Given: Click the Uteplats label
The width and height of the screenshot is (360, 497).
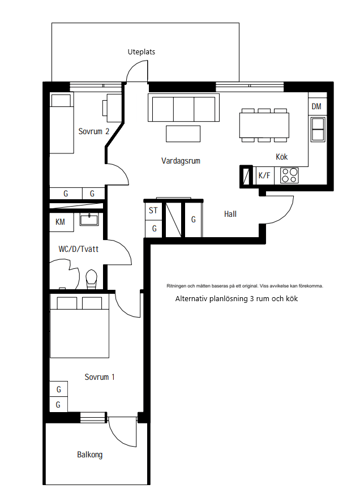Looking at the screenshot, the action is pyautogui.click(x=142, y=52).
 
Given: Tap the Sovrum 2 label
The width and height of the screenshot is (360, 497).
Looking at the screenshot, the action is pyautogui.click(x=94, y=131).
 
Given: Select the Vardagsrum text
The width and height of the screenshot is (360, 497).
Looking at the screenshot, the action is pyautogui.click(x=181, y=161).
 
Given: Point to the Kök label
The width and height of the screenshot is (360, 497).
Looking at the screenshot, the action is pyautogui.click(x=282, y=157).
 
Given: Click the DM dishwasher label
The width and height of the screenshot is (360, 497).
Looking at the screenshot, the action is pyautogui.click(x=316, y=106).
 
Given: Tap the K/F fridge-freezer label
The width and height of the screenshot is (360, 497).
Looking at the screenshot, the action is pyautogui.click(x=264, y=175).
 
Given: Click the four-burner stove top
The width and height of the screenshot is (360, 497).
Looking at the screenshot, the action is pyautogui.click(x=289, y=175).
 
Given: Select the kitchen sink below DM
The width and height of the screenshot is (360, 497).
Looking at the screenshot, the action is pyautogui.click(x=318, y=129).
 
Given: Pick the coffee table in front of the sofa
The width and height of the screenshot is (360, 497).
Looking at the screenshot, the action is pyautogui.click(x=183, y=134).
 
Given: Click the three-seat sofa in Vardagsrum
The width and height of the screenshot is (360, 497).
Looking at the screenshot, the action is pyautogui.click(x=183, y=108).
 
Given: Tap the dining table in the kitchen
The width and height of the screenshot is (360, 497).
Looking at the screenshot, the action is pyautogui.click(x=264, y=125).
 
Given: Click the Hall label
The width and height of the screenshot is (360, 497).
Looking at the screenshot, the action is pyautogui.click(x=230, y=215).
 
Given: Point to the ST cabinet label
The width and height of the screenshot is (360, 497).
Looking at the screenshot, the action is pyautogui.click(x=153, y=210).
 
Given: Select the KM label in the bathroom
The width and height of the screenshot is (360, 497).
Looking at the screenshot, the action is pyautogui.click(x=60, y=221).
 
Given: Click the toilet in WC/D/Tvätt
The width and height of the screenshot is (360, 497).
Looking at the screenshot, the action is pyautogui.click(x=92, y=279).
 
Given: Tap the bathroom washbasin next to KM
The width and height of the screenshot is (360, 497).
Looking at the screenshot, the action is pyautogui.click(x=89, y=219).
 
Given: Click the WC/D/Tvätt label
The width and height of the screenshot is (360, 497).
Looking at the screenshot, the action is pyautogui.click(x=79, y=249).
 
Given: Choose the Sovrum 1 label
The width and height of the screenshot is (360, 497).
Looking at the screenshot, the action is pyautogui.click(x=100, y=377).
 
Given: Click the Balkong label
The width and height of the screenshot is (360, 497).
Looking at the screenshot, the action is pyautogui.click(x=89, y=455).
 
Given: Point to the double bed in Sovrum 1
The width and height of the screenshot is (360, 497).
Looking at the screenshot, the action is pyautogui.click(x=80, y=327).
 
